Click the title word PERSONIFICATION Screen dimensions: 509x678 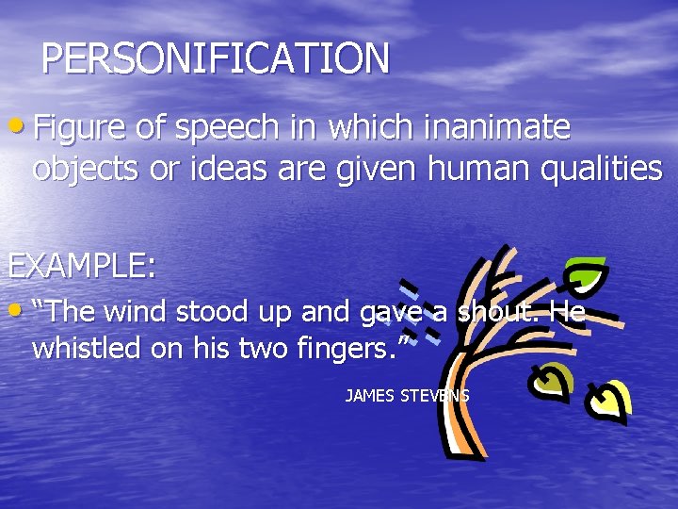coord(215,58)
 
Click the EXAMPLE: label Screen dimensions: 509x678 coord(82,265)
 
